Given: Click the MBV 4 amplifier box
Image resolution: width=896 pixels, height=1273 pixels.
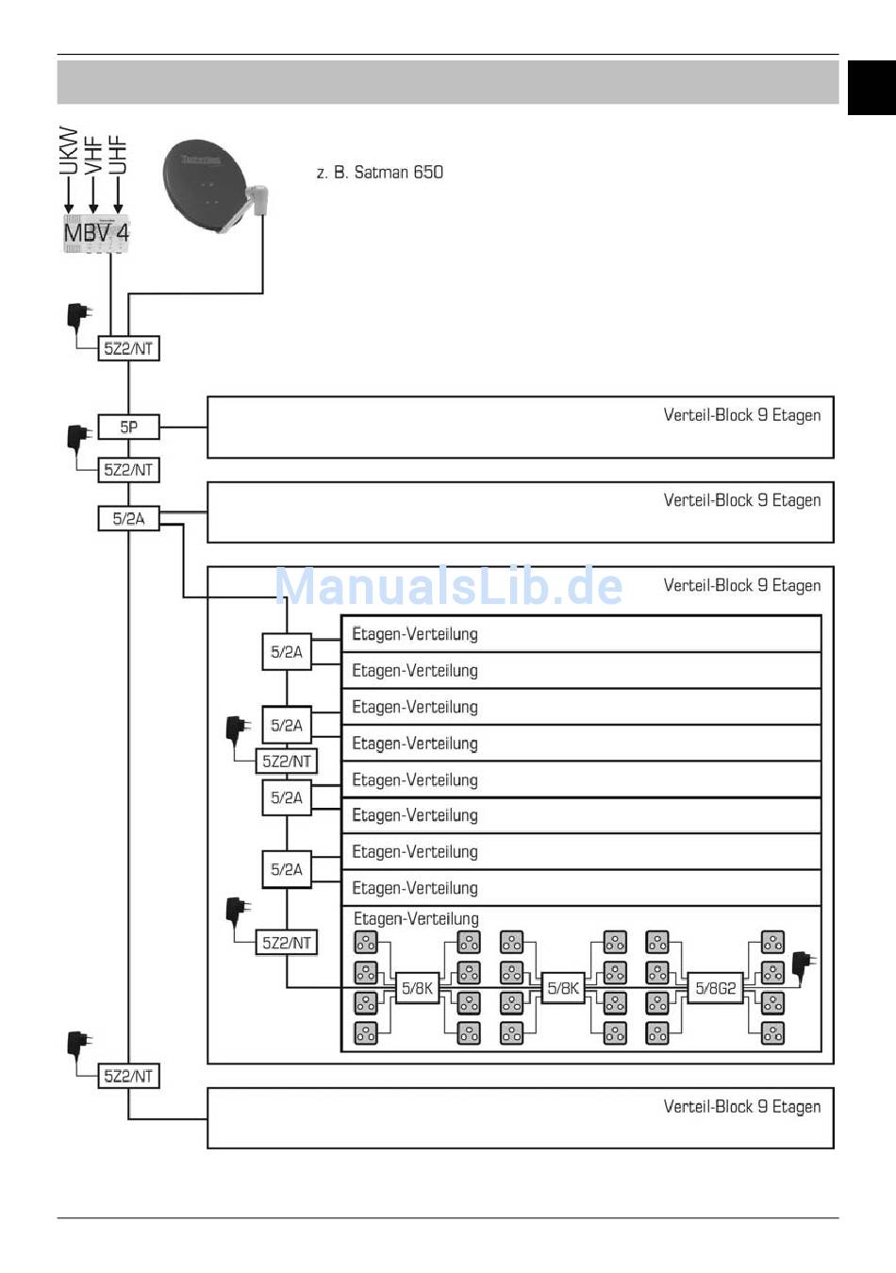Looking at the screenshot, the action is pos(96,233).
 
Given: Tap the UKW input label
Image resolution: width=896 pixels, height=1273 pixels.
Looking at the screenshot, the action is pos(68,151).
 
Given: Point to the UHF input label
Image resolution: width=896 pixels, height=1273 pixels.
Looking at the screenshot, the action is pos(118,154).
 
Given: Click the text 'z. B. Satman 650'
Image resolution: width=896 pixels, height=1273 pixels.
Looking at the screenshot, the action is pos(379,172).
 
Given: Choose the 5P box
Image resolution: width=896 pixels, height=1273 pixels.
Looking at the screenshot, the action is pos(128,427).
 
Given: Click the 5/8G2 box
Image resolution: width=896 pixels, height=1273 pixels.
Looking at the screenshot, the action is pos(715,988).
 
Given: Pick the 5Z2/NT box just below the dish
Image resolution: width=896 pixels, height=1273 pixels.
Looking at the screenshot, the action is pos(128,348).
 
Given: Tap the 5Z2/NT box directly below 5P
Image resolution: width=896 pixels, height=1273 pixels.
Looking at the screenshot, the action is pos(128,470).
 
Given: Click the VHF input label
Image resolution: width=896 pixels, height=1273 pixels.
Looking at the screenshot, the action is pos(93,155).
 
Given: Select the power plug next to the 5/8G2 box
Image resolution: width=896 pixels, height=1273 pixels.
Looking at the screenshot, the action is pos(804,968).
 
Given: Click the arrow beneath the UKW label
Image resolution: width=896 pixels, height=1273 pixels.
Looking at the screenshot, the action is pos(68,195).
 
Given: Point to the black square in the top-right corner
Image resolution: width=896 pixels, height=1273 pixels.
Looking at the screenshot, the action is pos(871,88).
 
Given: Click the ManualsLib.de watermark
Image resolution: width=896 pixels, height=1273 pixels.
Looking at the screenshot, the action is pos(449,586).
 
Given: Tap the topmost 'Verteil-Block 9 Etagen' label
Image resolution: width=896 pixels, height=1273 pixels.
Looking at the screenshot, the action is pos(742,415).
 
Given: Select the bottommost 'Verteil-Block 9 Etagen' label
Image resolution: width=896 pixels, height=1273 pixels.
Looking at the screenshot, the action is pos(742,1107).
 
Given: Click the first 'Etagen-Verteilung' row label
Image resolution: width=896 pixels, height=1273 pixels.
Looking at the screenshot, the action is pos(415,634).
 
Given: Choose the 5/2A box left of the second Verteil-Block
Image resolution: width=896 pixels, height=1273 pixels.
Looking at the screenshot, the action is pos(128,518).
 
